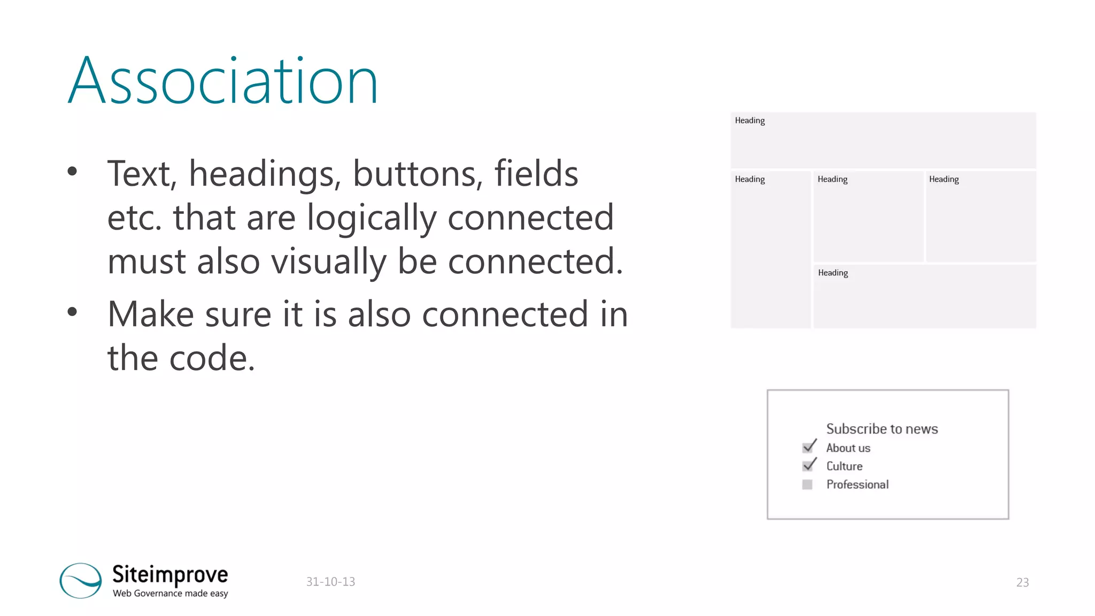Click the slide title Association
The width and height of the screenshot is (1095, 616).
223,81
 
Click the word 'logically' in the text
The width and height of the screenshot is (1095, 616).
372,218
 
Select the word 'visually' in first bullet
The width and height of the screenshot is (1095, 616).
328,261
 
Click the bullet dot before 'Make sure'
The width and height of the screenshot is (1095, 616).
72,312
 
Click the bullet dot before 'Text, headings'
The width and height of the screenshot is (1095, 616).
72,171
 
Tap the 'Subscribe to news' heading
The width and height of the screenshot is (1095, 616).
882,429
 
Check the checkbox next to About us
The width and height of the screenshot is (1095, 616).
808,448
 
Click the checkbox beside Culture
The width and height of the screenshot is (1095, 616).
808,466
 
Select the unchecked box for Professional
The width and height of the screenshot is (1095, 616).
807,484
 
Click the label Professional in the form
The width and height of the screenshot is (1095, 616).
857,484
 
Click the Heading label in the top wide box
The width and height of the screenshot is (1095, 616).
750,121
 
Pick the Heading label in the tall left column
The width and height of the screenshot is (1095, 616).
750,179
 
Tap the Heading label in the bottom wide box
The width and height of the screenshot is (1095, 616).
832,273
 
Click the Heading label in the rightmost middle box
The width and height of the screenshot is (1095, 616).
944,179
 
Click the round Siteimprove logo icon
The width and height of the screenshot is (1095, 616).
81,580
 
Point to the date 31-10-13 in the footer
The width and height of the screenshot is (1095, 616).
330,582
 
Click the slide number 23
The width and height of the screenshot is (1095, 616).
1022,582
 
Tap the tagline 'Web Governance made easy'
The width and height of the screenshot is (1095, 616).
170,594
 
